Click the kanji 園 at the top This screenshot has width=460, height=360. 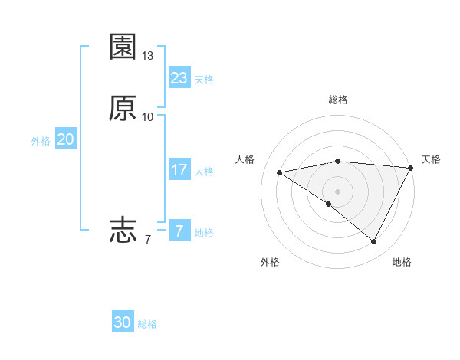(x=123, y=47)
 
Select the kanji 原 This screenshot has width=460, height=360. (x=123, y=109)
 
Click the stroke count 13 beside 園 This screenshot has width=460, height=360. (x=148, y=56)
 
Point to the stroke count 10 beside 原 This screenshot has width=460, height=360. (x=148, y=117)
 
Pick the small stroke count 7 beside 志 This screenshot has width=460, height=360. (x=148, y=239)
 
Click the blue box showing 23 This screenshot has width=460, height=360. (x=179, y=78)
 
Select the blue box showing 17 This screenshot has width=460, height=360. (x=179, y=171)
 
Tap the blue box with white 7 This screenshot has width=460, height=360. (x=179, y=231)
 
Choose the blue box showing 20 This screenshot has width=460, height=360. (x=65, y=140)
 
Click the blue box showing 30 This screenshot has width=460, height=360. (x=123, y=323)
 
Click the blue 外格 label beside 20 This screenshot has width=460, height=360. (x=41, y=141)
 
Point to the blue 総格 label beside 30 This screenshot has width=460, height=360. (x=148, y=324)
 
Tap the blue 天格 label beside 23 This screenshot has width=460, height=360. (x=204, y=79)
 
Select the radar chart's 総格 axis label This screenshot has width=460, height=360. (x=338, y=100)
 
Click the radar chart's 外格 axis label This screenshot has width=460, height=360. (x=270, y=262)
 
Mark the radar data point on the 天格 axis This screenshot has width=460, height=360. (x=411, y=168)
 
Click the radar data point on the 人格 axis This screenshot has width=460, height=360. (x=279, y=172)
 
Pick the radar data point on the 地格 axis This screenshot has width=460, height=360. (x=374, y=242)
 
